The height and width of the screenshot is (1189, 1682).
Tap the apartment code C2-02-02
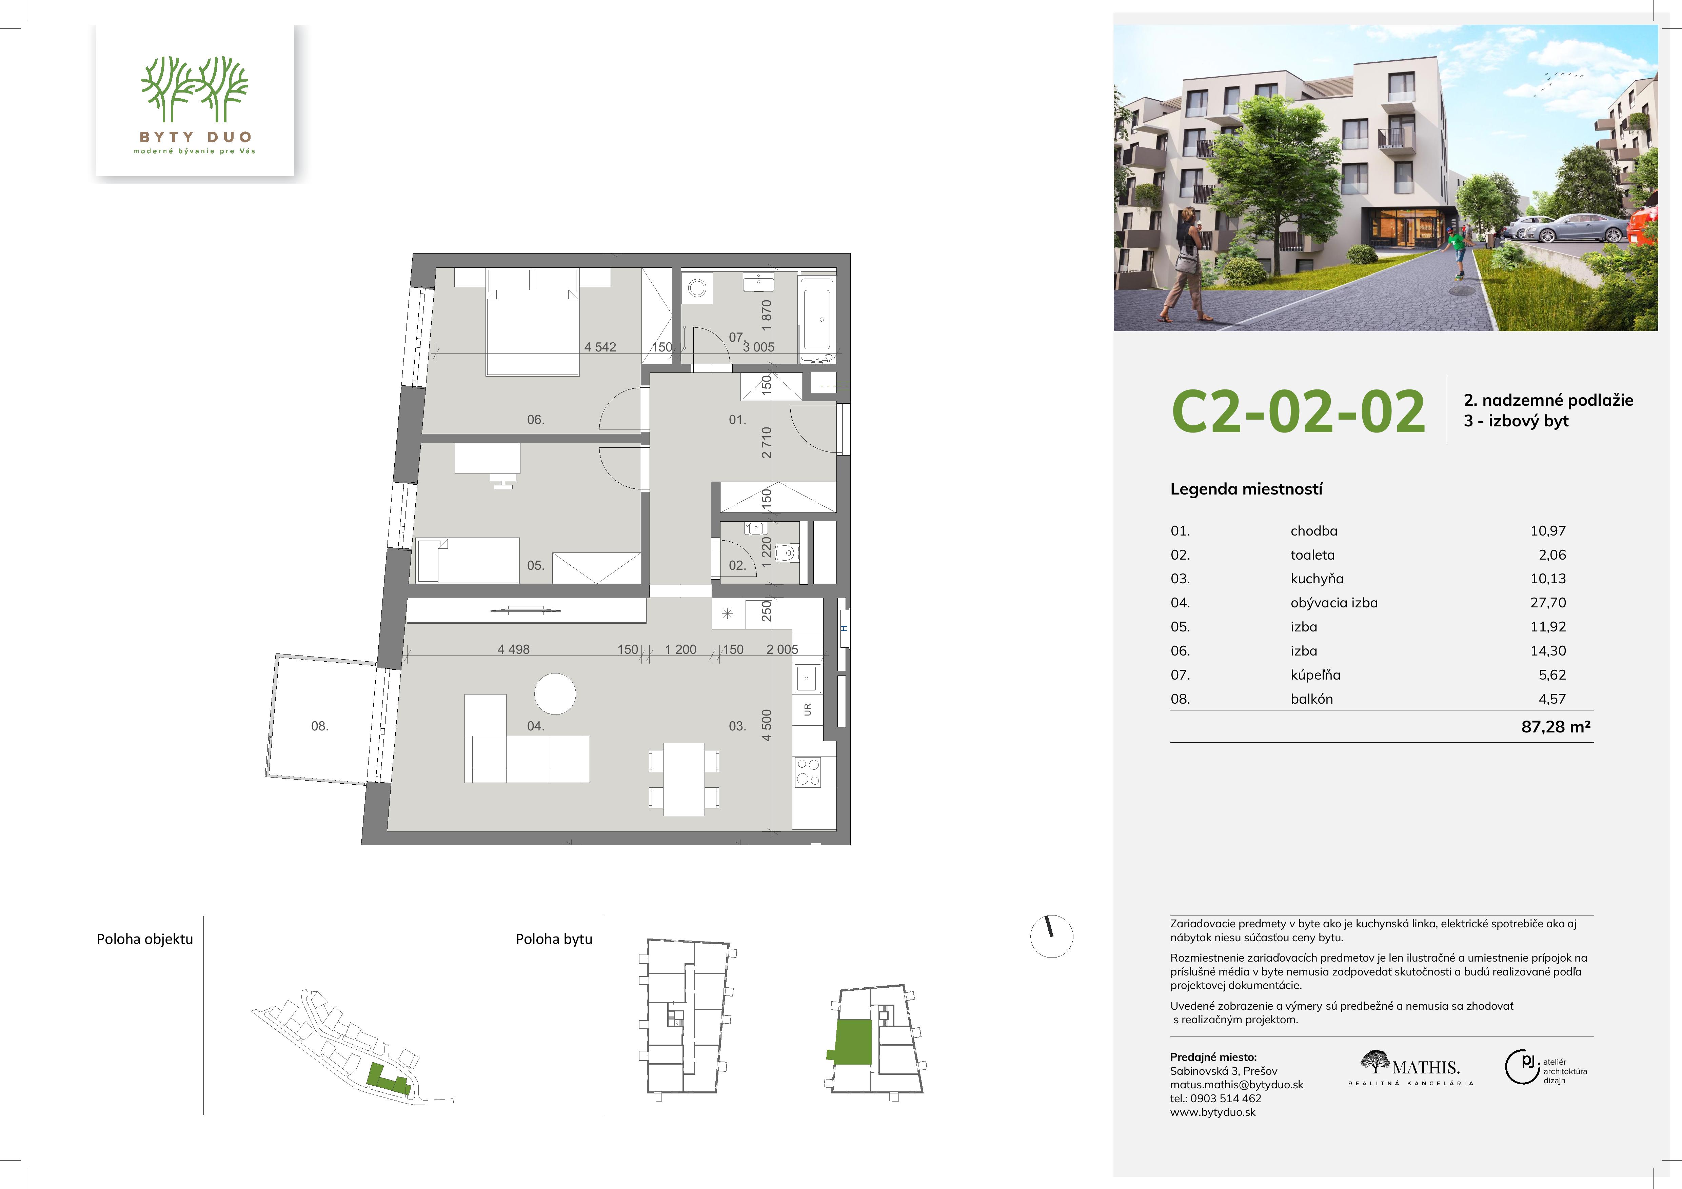[x=1298, y=411]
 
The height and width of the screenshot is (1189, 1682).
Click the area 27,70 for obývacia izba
[x=1548, y=603]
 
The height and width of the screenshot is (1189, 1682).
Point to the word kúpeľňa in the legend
[x=1316, y=675]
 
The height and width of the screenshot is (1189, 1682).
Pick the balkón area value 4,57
[x=1552, y=699]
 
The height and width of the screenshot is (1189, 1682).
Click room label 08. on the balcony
[x=319, y=726]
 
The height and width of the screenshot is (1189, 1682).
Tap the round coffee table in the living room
[x=555, y=694]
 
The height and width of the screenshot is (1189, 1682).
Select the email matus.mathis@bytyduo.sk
[x=1236, y=1084]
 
